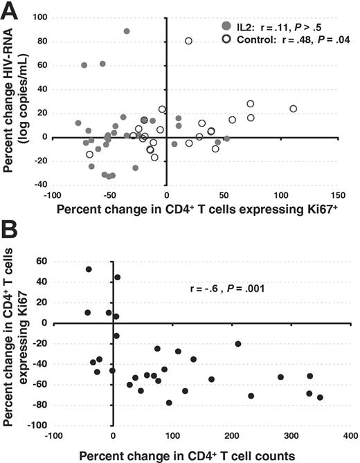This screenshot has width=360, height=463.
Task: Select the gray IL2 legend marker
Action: (x=226, y=25)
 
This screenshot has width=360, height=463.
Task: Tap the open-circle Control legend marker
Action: (x=226, y=39)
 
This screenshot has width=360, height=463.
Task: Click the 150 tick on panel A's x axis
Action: (x=339, y=188)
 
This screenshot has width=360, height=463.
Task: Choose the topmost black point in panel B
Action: (x=89, y=269)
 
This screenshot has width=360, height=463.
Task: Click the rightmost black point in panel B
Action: (x=320, y=397)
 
